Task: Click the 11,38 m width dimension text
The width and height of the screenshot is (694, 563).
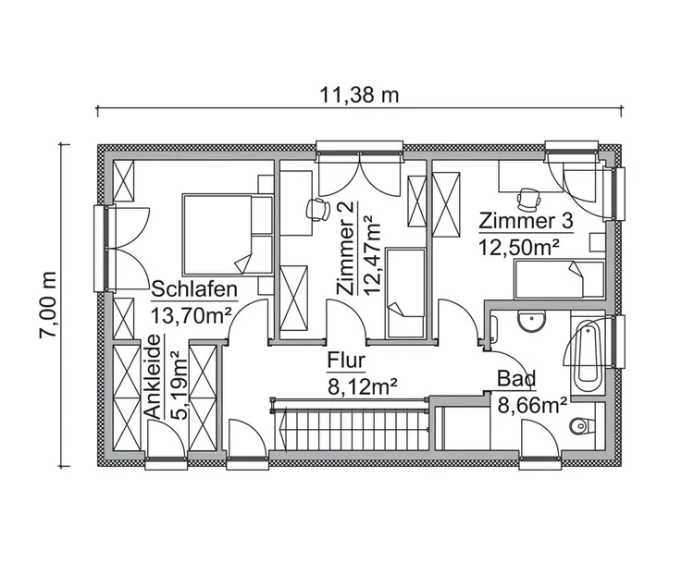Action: tap(359, 94)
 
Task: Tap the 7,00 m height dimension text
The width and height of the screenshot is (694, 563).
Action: tap(48, 306)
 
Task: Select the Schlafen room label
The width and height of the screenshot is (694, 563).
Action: tap(194, 288)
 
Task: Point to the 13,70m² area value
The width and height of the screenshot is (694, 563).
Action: tap(192, 315)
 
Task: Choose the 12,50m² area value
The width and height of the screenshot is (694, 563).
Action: tap(519, 247)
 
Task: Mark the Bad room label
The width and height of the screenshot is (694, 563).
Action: tap(516, 378)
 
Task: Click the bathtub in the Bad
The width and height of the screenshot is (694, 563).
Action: tap(587, 356)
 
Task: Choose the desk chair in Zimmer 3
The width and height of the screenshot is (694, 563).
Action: tap(529, 199)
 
